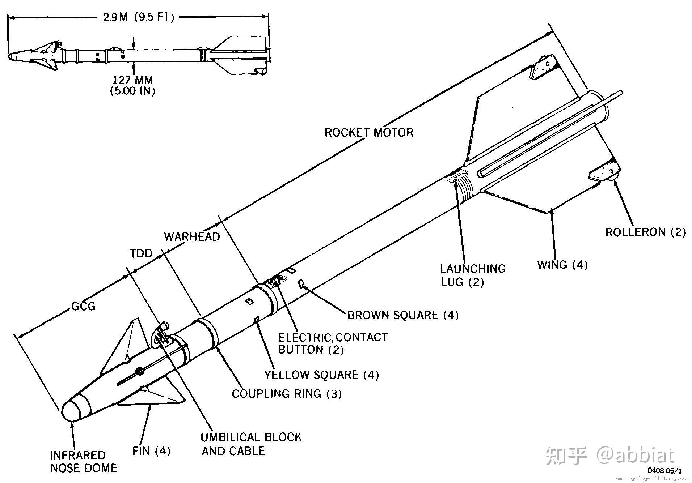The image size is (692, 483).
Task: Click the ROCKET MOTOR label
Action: coord(368,132)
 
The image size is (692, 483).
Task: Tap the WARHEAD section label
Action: coord(192,237)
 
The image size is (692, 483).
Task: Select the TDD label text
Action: coord(141,253)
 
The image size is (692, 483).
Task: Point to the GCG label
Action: coord(84,306)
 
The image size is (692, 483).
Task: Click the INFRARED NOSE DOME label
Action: coord(84,461)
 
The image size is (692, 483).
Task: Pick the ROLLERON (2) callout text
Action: coord(645,232)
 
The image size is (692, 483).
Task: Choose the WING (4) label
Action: coord(562,265)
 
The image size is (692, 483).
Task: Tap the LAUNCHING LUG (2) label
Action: coord(473,275)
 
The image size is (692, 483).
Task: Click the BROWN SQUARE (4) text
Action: coord(403,315)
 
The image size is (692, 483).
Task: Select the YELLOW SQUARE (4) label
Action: coord(321,375)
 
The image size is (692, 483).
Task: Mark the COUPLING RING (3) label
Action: coord(287,393)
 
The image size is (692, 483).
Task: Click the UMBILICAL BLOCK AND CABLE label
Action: coord(251,444)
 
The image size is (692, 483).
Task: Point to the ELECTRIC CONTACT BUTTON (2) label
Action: coord(332,343)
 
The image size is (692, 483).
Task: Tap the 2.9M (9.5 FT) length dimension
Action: coord(139,17)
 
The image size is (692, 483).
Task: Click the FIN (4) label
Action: coord(151,451)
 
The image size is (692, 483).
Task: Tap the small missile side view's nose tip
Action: coord(10,57)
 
